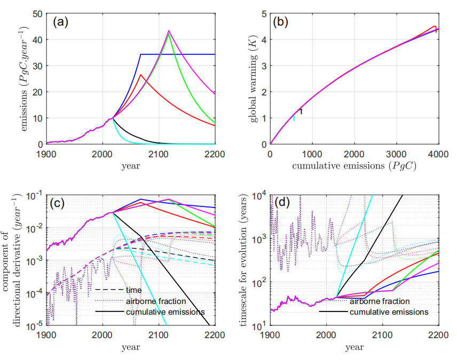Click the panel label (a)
pos(60,22)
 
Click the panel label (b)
pos(282,22)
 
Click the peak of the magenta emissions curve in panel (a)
pos(169,31)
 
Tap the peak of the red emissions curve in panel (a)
pos(140,75)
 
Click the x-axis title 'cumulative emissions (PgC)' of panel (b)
pos(354,166)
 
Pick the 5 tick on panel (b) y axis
pos(263,13)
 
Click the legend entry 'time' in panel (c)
pos(133,290)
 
